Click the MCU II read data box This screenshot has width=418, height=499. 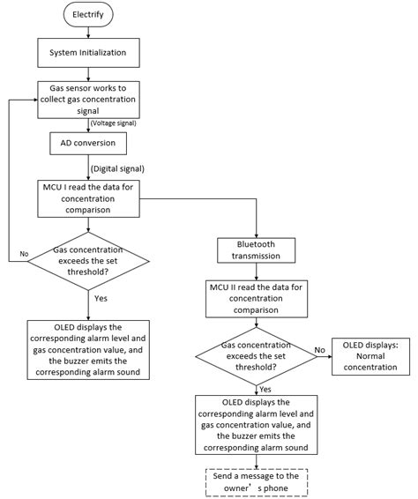point(256,301)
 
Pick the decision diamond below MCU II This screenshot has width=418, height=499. point(256,354)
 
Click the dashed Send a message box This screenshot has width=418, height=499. point(256,480)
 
